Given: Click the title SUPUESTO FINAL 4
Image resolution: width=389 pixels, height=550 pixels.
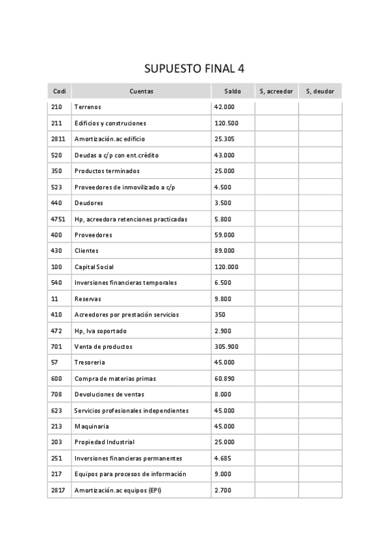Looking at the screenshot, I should tap(194, 69).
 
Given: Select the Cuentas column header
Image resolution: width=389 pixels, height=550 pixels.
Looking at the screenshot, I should tap(141, 91).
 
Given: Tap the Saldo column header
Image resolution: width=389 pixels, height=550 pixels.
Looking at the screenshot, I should tap(232, 91).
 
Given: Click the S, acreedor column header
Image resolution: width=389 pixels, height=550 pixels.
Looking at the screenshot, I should tap(276, 91).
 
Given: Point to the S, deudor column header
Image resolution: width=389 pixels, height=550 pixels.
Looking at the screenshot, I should tap(320, 91).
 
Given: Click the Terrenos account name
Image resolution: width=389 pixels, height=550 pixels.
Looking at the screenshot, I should tap(88, 107).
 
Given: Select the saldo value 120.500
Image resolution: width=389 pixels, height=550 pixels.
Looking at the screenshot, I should tap(226, 123).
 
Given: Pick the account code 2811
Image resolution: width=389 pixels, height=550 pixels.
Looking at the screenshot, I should tap(58, 139).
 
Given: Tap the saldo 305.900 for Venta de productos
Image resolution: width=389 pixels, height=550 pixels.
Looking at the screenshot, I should tap(226, 347).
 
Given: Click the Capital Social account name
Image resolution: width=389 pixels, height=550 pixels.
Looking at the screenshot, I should tap(94, 267).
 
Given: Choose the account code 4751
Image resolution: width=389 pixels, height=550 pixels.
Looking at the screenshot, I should tap(58, 219).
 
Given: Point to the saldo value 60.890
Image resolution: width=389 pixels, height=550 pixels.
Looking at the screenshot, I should tap(225, 379).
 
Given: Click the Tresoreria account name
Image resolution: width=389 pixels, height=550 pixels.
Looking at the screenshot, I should tap(90, 363).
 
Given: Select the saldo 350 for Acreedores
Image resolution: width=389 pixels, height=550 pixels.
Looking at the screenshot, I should tap(220, 315).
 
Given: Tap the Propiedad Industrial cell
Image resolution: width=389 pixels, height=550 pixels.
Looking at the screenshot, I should tap(105, 442).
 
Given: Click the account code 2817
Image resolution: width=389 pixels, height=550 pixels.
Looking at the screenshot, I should tap(58, 490).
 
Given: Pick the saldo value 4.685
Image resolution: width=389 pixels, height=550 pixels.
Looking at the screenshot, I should tap(223, 459).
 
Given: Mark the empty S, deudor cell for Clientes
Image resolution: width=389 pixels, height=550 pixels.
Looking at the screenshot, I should tap(320, 251).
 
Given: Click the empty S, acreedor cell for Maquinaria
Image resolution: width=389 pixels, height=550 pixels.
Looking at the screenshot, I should tap(276, 427).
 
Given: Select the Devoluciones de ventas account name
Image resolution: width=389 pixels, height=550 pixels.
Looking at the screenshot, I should tap(109, 394).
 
